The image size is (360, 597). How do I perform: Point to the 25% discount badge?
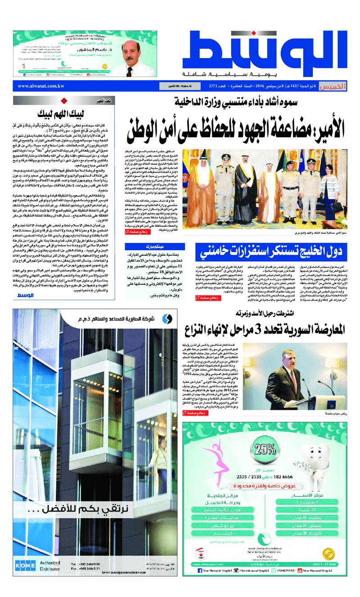[x=265, y=450]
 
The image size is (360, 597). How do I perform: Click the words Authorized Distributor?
[x=49, y=566]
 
